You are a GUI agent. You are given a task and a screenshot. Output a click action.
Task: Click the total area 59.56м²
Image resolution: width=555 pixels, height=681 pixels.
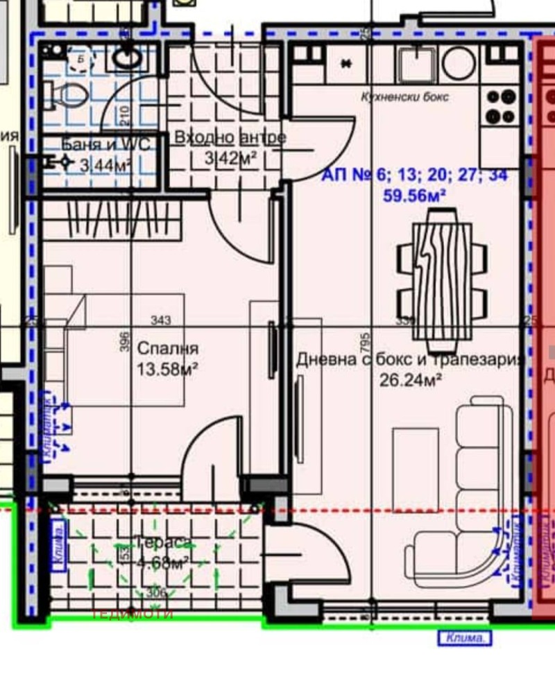414,196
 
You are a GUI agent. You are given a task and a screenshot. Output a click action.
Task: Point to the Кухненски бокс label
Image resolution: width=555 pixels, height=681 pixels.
404,97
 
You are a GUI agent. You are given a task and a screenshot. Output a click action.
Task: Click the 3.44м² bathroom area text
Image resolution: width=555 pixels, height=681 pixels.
105,166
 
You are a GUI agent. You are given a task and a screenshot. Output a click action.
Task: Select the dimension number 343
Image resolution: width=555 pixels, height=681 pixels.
161,320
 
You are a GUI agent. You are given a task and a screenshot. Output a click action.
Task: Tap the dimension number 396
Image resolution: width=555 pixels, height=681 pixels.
125,343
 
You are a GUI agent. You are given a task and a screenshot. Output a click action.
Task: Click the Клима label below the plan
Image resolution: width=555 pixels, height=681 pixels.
464,638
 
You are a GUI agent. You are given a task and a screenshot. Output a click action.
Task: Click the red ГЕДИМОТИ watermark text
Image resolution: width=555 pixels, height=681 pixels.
133,614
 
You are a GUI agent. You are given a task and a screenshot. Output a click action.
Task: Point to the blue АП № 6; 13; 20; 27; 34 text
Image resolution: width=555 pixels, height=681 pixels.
414,176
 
